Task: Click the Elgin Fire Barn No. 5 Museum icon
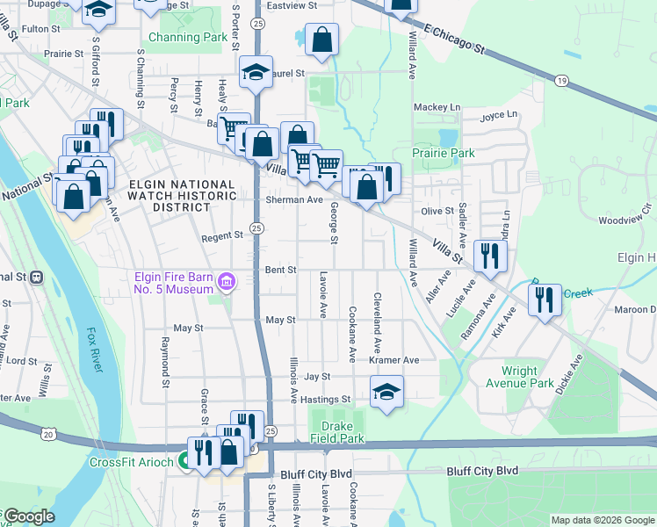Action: click(x=227, y=282)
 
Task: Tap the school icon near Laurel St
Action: click(x=256, y=72)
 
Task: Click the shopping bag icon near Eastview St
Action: click(x=322, y=40)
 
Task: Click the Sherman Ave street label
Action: click(x=294, y=200)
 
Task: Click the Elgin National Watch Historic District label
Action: click(x=170, y=196)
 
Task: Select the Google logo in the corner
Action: click(x=28, y=516)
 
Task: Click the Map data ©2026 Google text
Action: click(x=602, y=520)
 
